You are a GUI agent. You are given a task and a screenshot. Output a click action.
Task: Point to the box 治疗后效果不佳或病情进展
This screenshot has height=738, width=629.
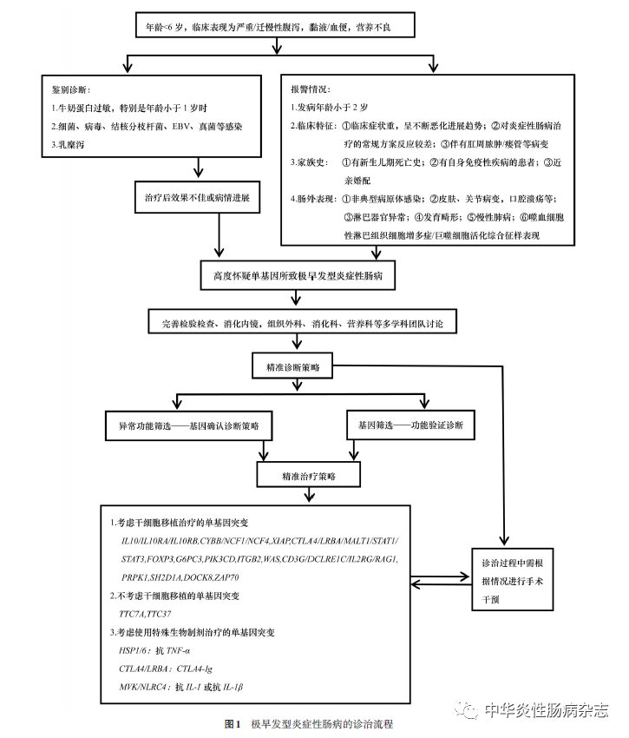[x=198, y=197]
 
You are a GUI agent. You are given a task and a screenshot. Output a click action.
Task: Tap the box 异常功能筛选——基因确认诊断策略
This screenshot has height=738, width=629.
[x=188, y=427]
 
